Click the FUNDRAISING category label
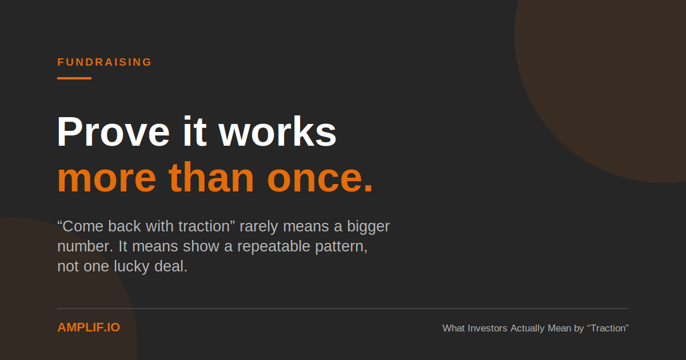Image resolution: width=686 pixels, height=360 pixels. coord(105,62)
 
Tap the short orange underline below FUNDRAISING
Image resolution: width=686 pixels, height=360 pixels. coord(74,78)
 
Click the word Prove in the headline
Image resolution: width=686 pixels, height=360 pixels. coord(113,131)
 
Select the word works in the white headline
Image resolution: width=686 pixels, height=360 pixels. coord(277,131)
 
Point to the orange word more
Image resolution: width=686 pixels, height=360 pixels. coord(107,178)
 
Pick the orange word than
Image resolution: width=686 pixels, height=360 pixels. coord(212,177)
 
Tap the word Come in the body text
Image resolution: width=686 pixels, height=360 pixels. coord(80,226)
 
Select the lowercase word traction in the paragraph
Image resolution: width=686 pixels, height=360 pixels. coord(204,226)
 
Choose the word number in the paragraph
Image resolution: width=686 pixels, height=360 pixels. coord(83,246)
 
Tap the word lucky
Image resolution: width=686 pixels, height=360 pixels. coord(131,267)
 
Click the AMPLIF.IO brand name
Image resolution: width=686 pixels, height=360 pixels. coord(89,327)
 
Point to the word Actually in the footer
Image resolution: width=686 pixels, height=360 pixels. coord(527,329)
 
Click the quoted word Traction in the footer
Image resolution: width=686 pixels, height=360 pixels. coord(608,328)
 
